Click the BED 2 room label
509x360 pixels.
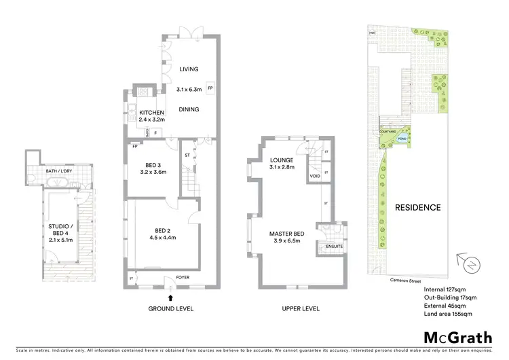(161, 230)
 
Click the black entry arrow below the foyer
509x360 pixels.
(170, 296)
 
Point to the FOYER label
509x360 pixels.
(183, 278)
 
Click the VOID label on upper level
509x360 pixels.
(314, 176)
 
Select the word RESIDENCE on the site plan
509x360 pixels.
(418, 208)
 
